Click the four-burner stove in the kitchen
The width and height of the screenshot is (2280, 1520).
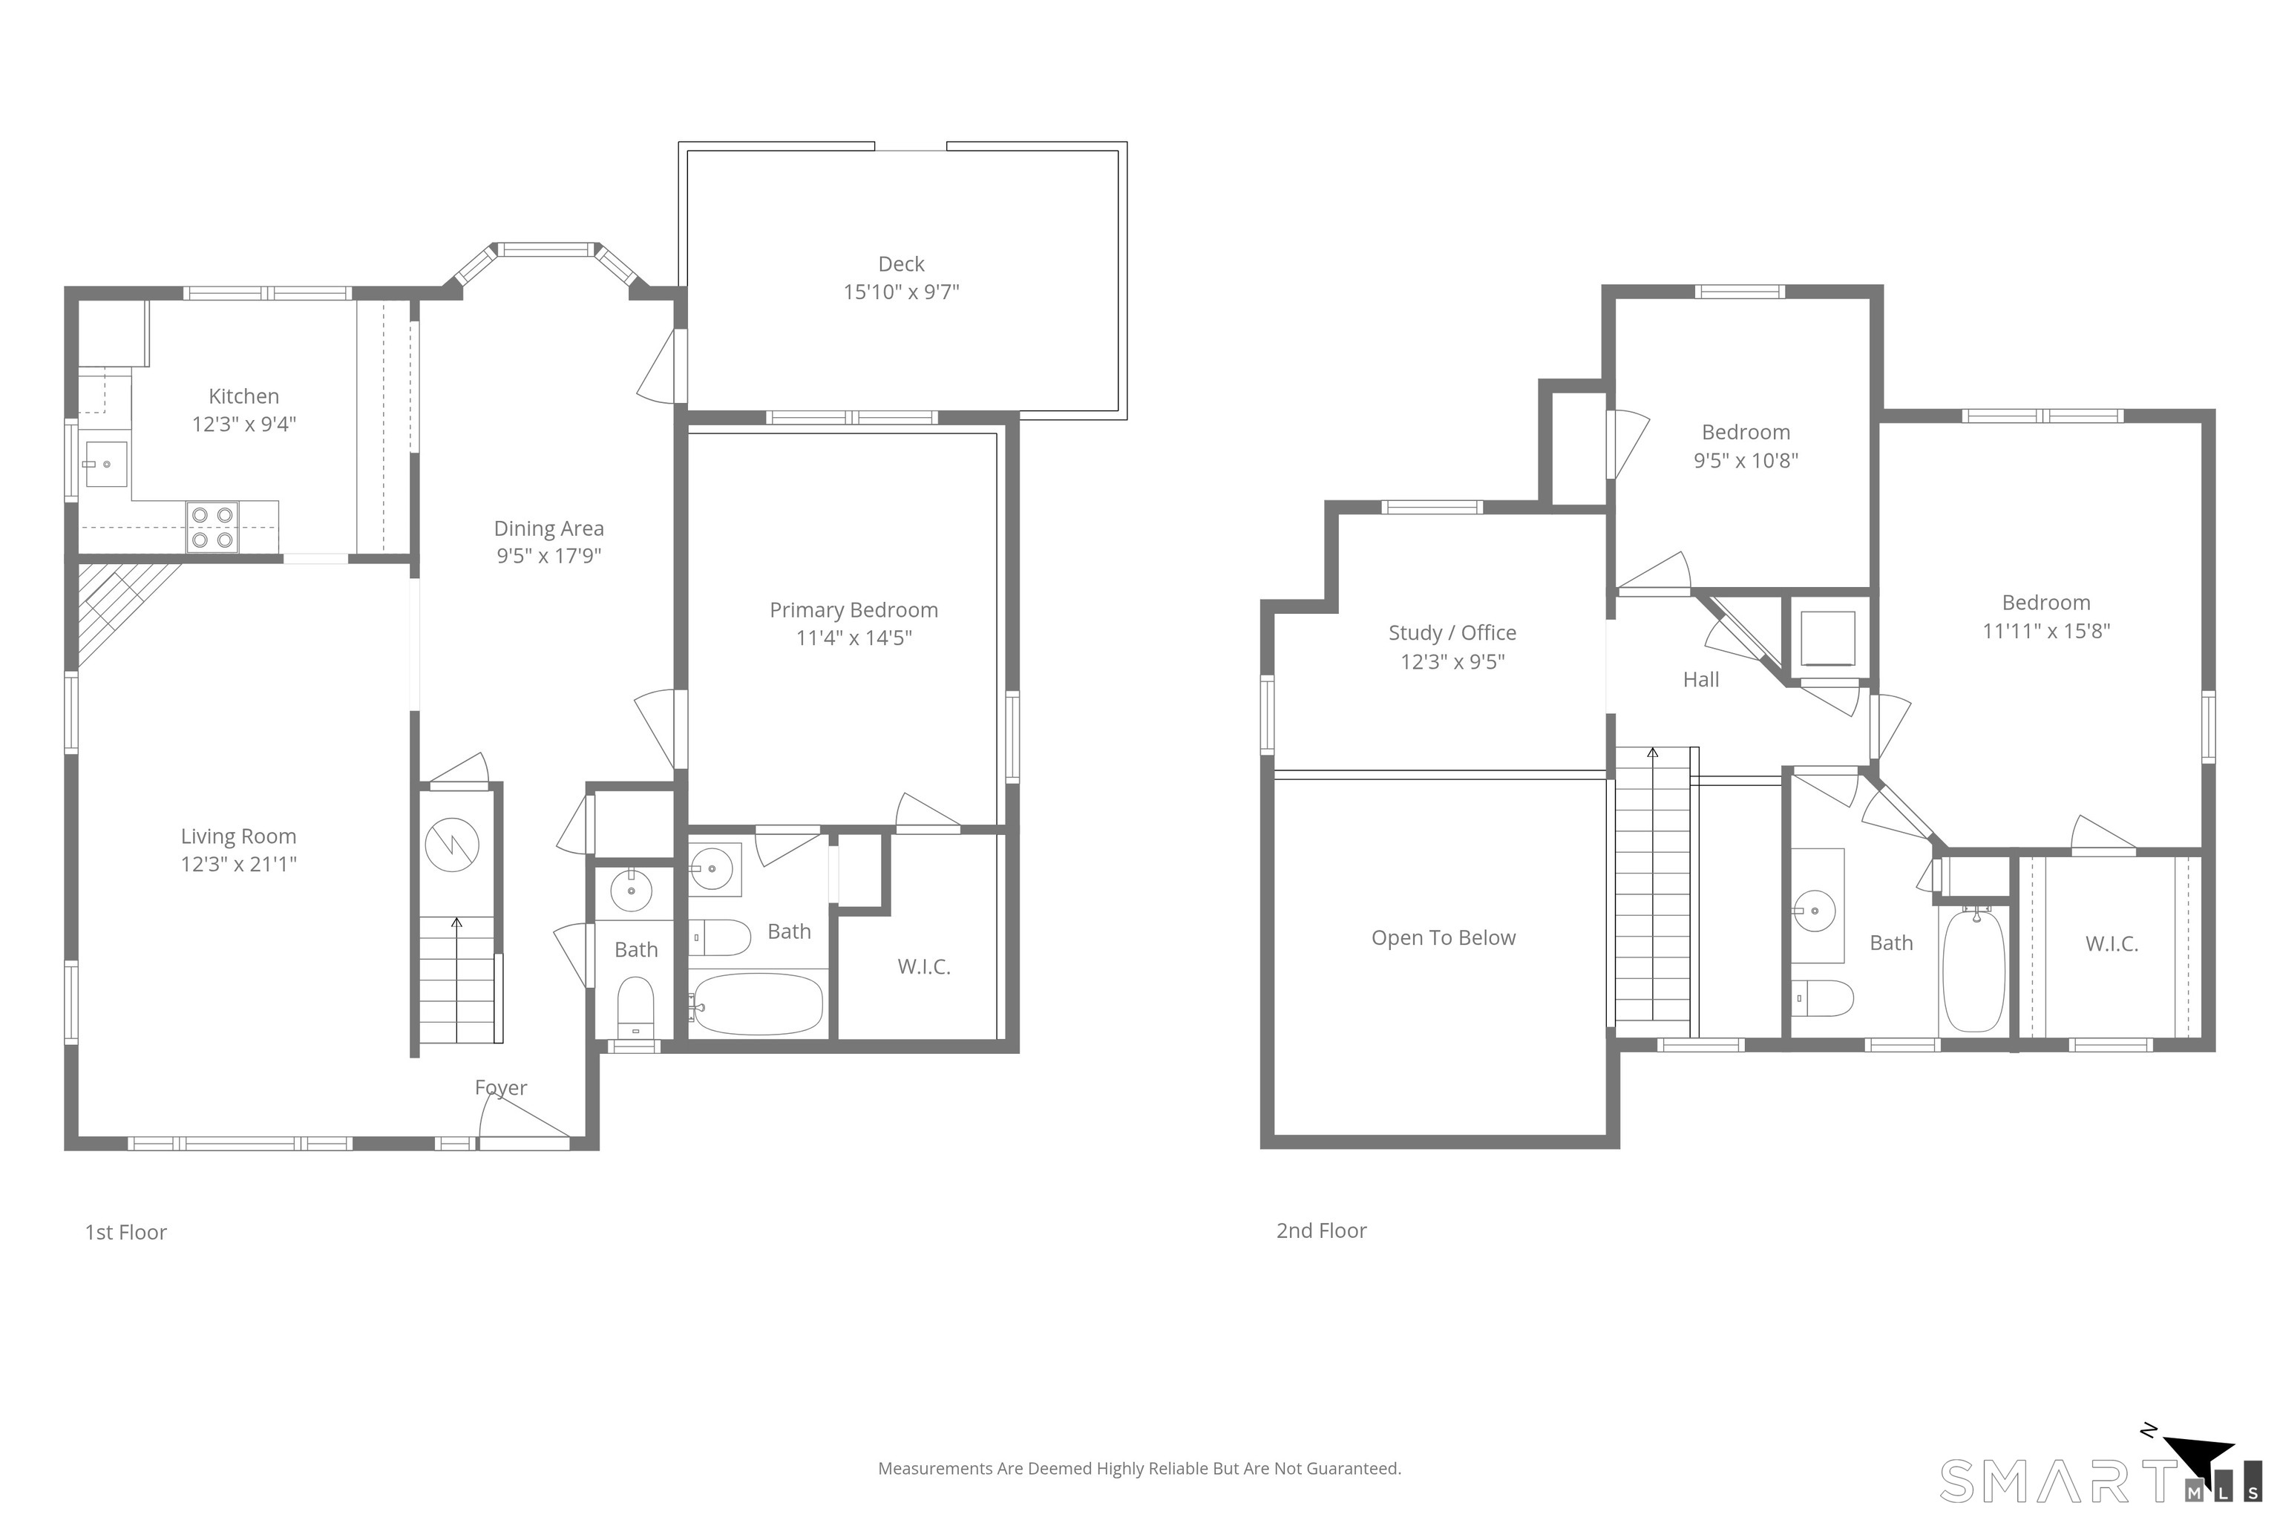tap(212, 528)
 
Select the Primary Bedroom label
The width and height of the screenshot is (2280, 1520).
tap(853, 610)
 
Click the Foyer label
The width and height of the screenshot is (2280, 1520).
tap(500, 1087)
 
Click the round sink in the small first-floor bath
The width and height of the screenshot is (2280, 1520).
tap(631, 890)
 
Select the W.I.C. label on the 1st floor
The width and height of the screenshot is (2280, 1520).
tap(923, 966)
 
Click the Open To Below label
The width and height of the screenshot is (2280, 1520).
tap(1443, 937)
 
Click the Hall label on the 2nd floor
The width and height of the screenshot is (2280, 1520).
tap(1700, 680)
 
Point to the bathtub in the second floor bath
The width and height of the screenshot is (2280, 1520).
tap(1973, 970)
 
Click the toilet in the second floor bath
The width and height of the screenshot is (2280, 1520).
tap(1823, 997)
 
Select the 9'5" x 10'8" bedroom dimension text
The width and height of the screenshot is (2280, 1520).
tap(1745, 460)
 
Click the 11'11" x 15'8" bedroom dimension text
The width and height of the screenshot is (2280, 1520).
tap(2045, 631)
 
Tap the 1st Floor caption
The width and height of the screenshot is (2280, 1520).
tap(126, 1232)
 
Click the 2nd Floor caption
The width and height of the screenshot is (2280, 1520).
tap(1320, 1230)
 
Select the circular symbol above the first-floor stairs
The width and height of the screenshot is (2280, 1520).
tap(452, 845)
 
